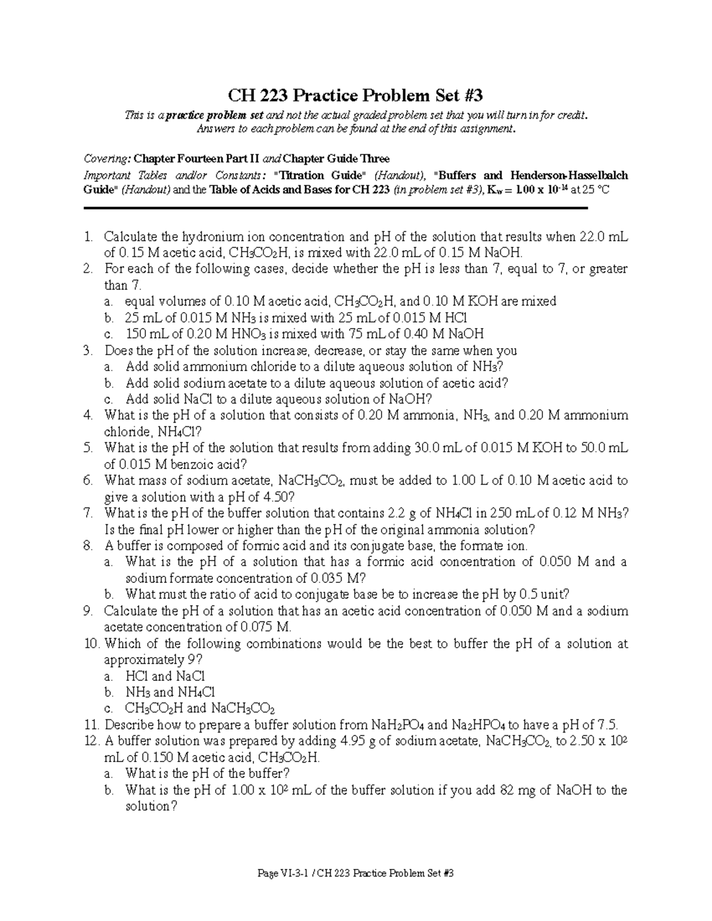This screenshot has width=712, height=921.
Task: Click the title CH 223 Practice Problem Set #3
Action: (x=356, y=95)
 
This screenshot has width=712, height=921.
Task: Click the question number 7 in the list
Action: (x=88, y=513)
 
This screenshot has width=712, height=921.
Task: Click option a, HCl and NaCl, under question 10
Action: (x=165, y=676)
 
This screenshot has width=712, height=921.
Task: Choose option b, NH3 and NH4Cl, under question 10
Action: (x=170, y=692)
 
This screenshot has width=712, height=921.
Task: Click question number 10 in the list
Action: (x=91, y=643)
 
